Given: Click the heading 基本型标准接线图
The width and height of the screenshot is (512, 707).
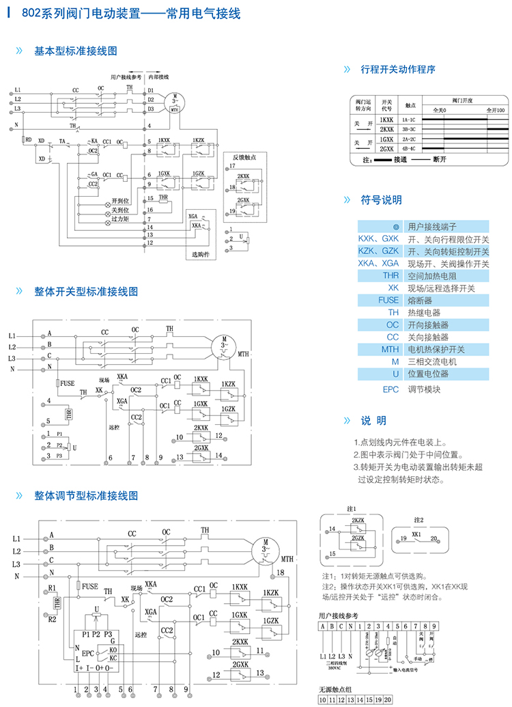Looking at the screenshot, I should (x=76, y=51).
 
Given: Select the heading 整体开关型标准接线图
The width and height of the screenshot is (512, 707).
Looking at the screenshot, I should (x=86, y=291).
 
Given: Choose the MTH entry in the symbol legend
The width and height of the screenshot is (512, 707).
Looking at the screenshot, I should (x=389, y=350).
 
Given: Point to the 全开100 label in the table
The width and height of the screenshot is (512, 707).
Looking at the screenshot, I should (x=494, y=110).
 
